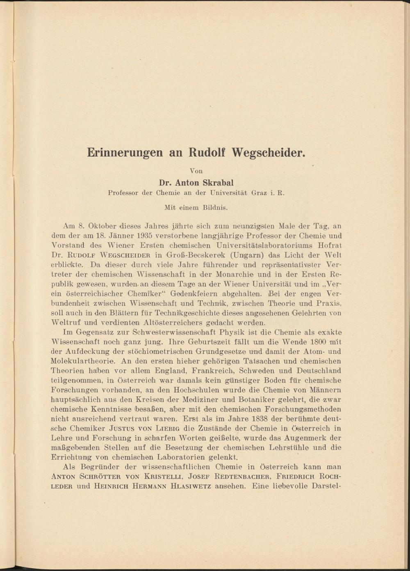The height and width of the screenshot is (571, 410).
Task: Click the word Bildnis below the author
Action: (x=215, y=208)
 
